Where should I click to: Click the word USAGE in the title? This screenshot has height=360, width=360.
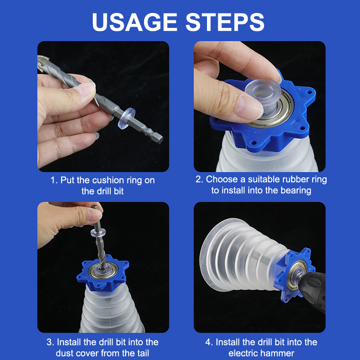point(135,22)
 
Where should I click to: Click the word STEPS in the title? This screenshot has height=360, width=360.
point(225,22)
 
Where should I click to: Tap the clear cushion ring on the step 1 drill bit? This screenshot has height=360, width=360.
point(126,118)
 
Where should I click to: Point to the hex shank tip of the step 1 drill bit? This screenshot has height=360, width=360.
point(160,139)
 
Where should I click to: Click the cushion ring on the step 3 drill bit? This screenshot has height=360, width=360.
point(98,232)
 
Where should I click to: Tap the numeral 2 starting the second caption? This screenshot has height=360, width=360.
point(198,179)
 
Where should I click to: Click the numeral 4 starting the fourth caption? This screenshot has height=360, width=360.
point(208,342)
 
